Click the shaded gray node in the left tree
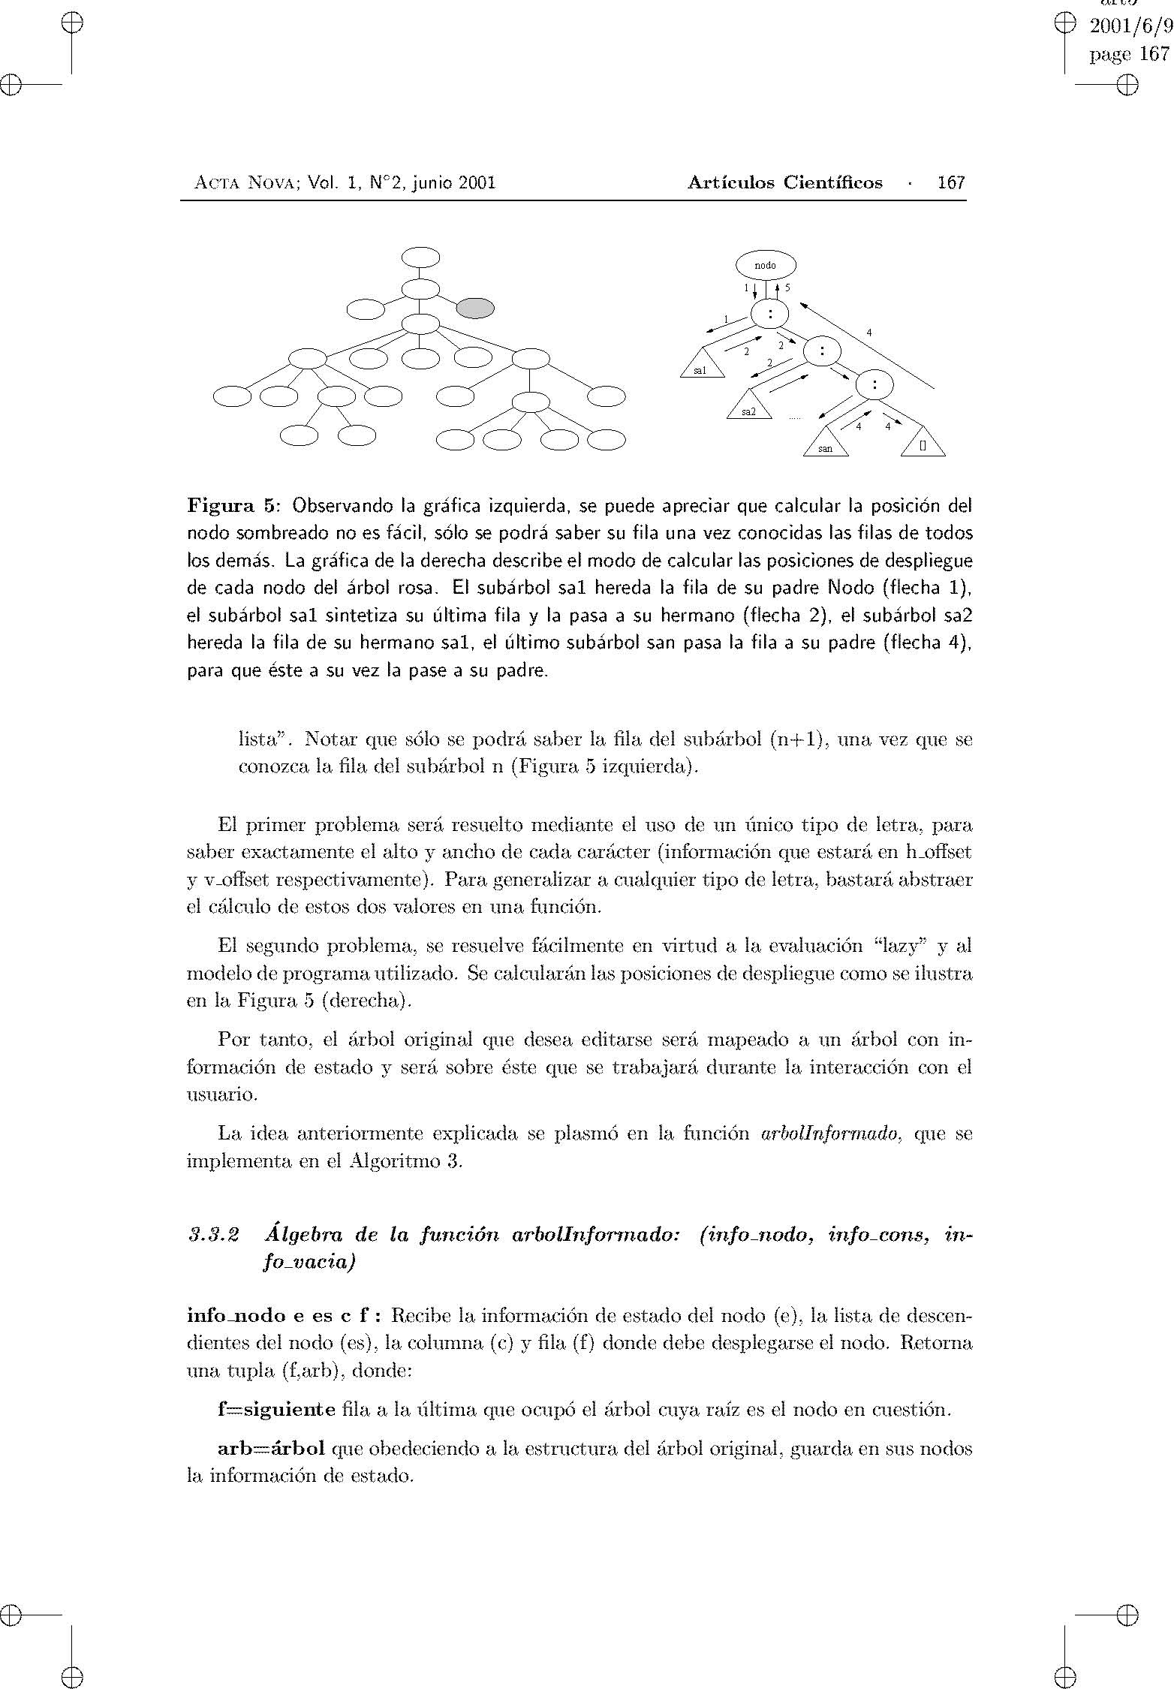[476, 309]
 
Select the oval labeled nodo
[766, 265]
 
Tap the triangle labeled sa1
[702, 366]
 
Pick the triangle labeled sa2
[749, 407]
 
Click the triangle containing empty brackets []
[923, 444]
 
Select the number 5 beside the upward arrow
[787, 288]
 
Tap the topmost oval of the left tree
[420, 257]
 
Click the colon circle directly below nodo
[769, 315]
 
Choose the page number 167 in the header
[951, 183]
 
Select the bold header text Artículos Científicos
[784, 183]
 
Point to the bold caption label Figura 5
[231, 505]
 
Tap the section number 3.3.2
[214, 1235]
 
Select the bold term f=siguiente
[276, 1410]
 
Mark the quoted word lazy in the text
[902, 947]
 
